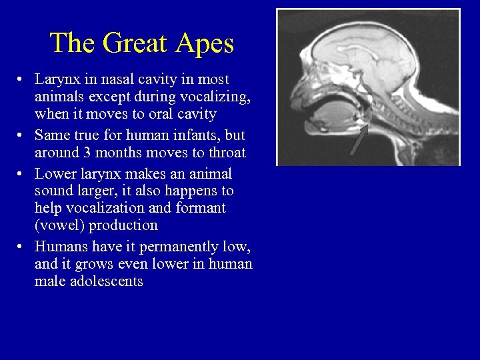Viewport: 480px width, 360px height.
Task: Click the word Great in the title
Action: coord(137,43)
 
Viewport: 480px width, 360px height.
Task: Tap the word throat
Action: coord(225,153)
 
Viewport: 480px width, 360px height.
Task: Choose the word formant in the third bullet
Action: coord(203,208)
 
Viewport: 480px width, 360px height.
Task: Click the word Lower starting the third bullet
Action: coord(53,174)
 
